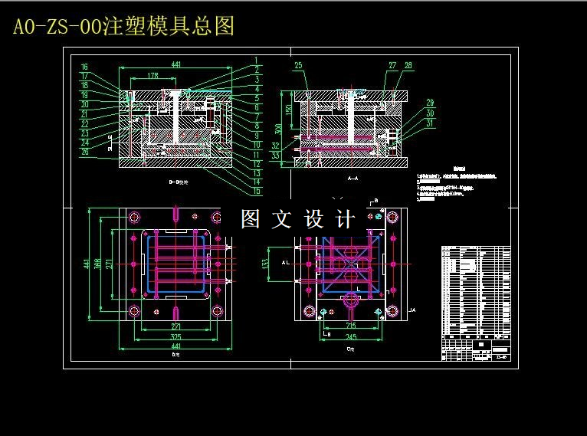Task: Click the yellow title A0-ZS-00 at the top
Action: [x=123, y=26]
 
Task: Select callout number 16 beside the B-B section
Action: [x=84, y=67]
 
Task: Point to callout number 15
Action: [x=257, y=191]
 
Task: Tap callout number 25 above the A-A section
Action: [x=298, y=65]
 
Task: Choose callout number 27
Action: [x=392, y=66]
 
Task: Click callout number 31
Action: [x=430, y=123]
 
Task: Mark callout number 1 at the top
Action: [x=257, y=59]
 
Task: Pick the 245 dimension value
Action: [x=351, y=336]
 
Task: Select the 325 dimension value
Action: [x=175, y=336]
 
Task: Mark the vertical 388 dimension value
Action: [x=98, y=264]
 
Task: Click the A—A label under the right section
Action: [x=353, y=177]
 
